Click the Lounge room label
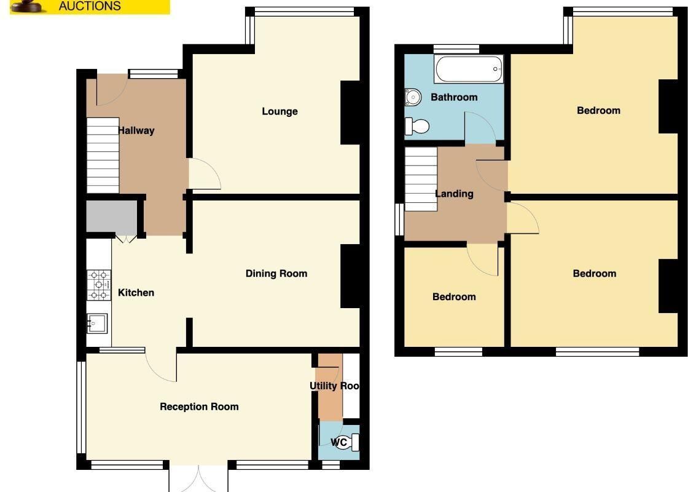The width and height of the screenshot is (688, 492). coord(280,111)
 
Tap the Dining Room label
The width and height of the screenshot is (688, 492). coord(276,274)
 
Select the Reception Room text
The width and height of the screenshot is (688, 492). coord(199,407)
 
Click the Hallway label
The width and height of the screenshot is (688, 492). coord(136,130)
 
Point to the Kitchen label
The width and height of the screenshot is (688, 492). coord(136,293)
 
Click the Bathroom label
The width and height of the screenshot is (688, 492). coord(454,97)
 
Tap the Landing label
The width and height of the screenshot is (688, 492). coord(454,194)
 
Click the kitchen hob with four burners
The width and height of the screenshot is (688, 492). coord(99,285)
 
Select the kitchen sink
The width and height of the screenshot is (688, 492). coord(97,323)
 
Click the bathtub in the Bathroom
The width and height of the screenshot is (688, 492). coord(469,69)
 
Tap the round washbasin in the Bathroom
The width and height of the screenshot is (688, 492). coord(412,97)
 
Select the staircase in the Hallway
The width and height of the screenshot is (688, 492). coord(103,155)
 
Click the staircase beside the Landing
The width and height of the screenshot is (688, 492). coord(421,179)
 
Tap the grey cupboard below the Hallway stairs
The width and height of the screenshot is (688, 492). coord(112,216)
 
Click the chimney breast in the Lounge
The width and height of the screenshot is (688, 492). coord(350,113)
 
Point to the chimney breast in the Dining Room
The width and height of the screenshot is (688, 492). coord(350,276)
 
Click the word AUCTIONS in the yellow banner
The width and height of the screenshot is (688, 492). coord(90,6)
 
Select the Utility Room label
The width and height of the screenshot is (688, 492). coord(335,386)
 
